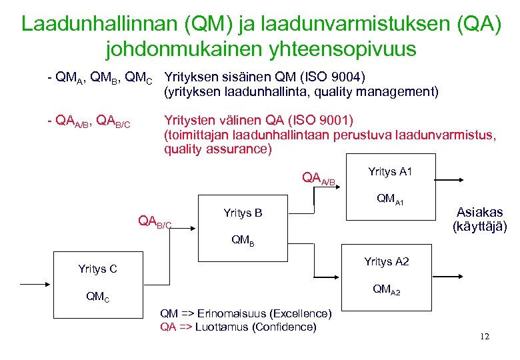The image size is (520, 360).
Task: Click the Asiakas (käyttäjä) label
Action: [x=479, y=219]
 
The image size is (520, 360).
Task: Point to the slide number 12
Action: [x=484, y=337]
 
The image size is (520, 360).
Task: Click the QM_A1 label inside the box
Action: [x=391, y=199]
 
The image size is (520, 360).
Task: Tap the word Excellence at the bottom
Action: [x=298, y=313]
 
